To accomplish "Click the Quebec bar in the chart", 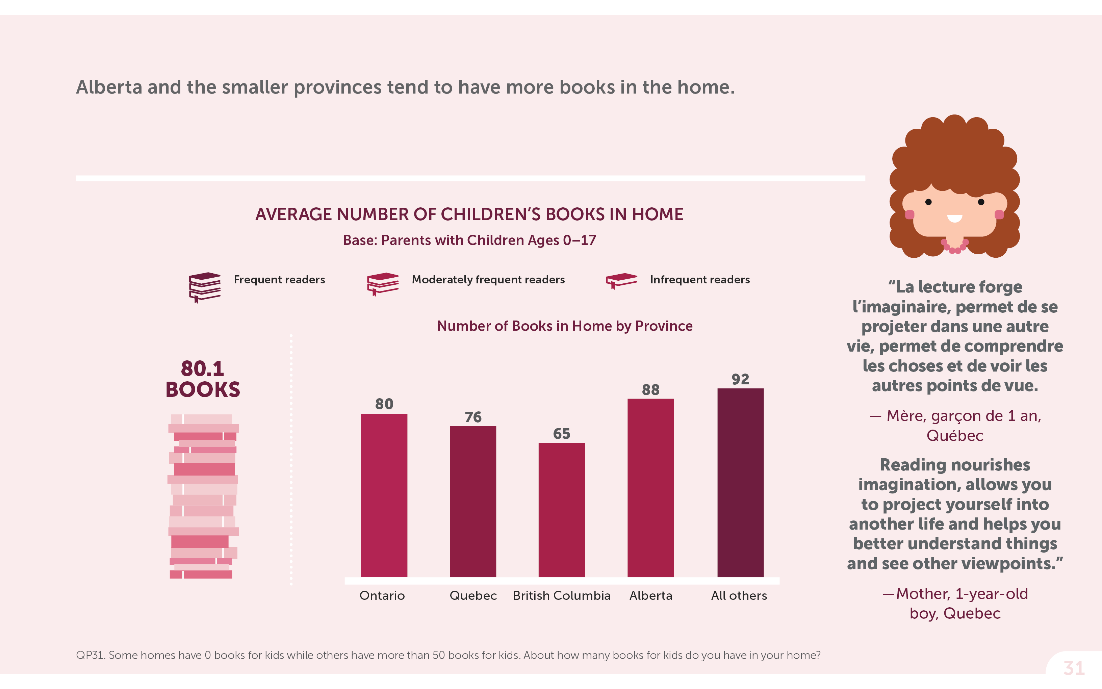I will pyautogui.click(x=473, y=501).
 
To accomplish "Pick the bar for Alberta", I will pyautogui.click(x=650, y=488).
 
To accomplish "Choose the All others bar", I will pyautogui.click(x=740, y=483).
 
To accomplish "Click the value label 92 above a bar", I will pyautogui.click(x=740, y=379).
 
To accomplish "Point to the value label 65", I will pyautogui.click(x=561, y=434).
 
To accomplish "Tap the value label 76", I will pyautogui.click(x=473, y=417).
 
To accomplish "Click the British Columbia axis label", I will pyautogui.click(x=561, y=595).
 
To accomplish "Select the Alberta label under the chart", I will pyautogui.click(x=650, y=595).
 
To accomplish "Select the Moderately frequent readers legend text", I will pyautogui.click(x=488, y=279).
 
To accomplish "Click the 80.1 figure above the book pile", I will pyautogui.click(x=202, y=368).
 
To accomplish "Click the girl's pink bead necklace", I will pyautogui.click(x=954, y=248).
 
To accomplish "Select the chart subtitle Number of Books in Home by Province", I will pyautogui.click(x=564, y=326).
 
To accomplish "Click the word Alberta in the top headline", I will pyautogui.click(x=109, y=87).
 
